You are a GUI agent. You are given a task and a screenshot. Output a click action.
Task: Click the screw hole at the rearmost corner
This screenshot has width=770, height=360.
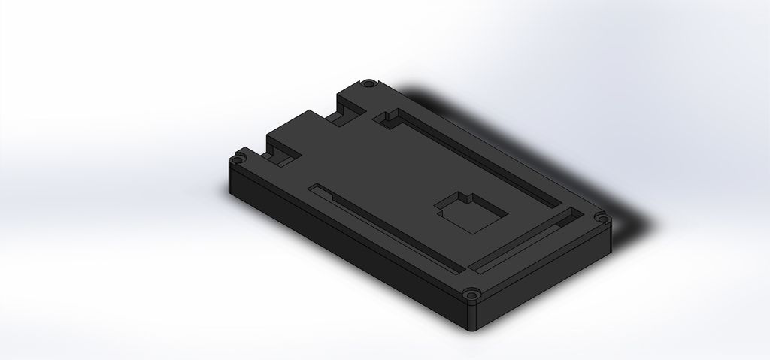pyautogui.click(x=370, y=83)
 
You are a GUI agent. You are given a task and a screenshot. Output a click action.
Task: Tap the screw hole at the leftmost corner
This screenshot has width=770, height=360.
pyautogui.click(x=238, y=159)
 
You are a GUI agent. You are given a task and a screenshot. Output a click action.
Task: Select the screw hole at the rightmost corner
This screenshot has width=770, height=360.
pyautogui.click(x=601, y=219)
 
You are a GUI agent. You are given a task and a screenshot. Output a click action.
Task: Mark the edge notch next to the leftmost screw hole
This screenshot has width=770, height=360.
pyautogui.click(x=277, y=156)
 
